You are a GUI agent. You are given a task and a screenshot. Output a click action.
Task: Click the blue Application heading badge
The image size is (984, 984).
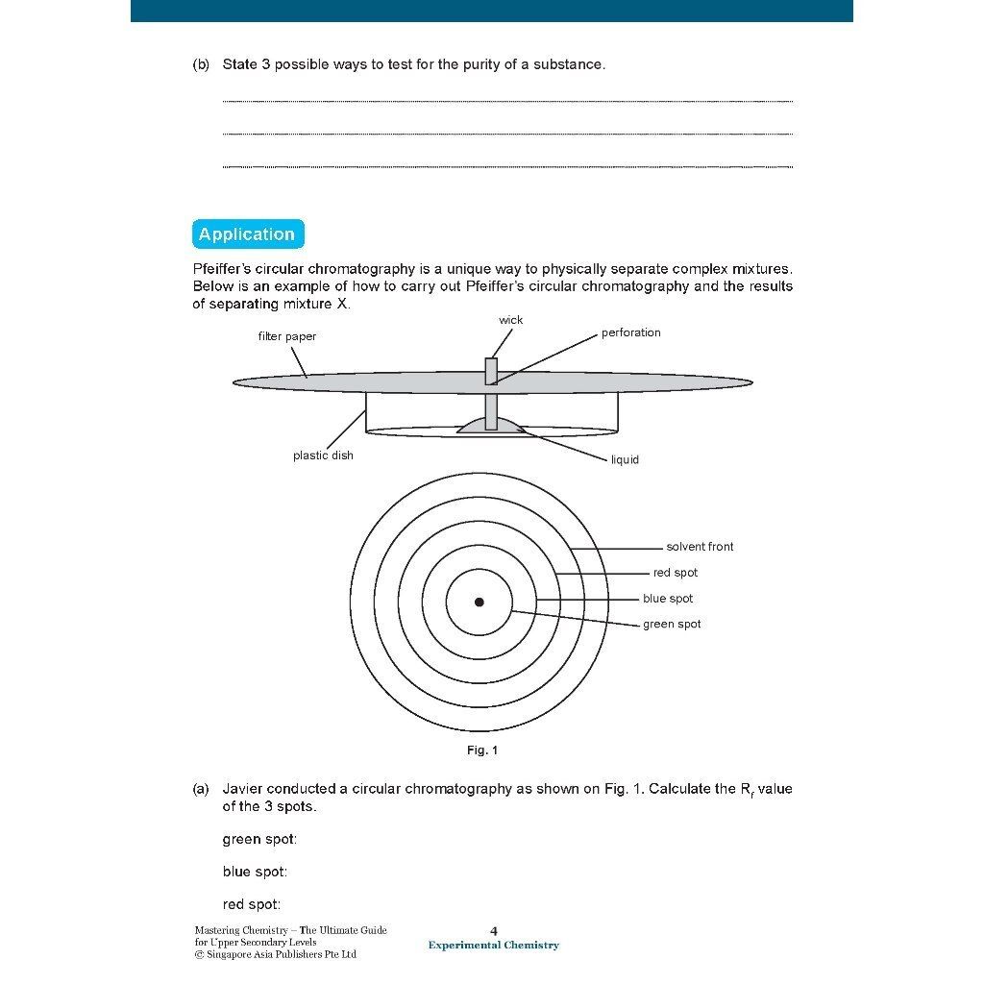247,234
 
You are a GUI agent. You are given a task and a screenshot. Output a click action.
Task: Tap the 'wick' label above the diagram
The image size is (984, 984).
511,320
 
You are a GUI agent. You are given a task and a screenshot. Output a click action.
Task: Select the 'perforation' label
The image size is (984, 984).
630,332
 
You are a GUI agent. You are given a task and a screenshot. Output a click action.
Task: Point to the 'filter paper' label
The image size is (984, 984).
286,336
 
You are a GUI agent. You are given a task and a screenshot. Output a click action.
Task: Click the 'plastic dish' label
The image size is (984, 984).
323,455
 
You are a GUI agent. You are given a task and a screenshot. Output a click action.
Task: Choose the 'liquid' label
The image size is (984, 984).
625,459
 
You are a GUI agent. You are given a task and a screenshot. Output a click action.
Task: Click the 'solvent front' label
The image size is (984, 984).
700,547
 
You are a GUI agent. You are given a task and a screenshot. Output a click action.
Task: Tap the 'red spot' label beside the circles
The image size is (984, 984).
676,573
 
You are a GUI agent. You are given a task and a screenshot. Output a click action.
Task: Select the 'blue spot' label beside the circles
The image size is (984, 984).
668,599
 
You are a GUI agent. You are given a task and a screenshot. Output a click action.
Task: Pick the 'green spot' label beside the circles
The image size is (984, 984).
672,625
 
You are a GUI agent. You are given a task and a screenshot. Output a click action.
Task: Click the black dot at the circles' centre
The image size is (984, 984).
480,603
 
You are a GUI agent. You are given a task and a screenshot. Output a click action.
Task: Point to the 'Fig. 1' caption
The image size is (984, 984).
482,750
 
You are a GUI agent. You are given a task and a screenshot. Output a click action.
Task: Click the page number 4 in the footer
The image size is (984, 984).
494,930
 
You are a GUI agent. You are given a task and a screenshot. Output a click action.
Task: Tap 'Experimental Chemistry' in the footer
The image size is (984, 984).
494,946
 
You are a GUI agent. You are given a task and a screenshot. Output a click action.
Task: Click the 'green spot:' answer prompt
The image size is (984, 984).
259,840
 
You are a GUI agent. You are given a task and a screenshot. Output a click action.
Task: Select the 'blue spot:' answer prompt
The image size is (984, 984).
255,873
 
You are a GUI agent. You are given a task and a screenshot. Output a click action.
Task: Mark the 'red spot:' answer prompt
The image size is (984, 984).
252,904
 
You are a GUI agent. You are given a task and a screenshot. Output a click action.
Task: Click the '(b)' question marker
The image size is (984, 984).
201,65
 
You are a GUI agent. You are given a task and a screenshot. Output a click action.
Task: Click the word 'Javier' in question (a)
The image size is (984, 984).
244,789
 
